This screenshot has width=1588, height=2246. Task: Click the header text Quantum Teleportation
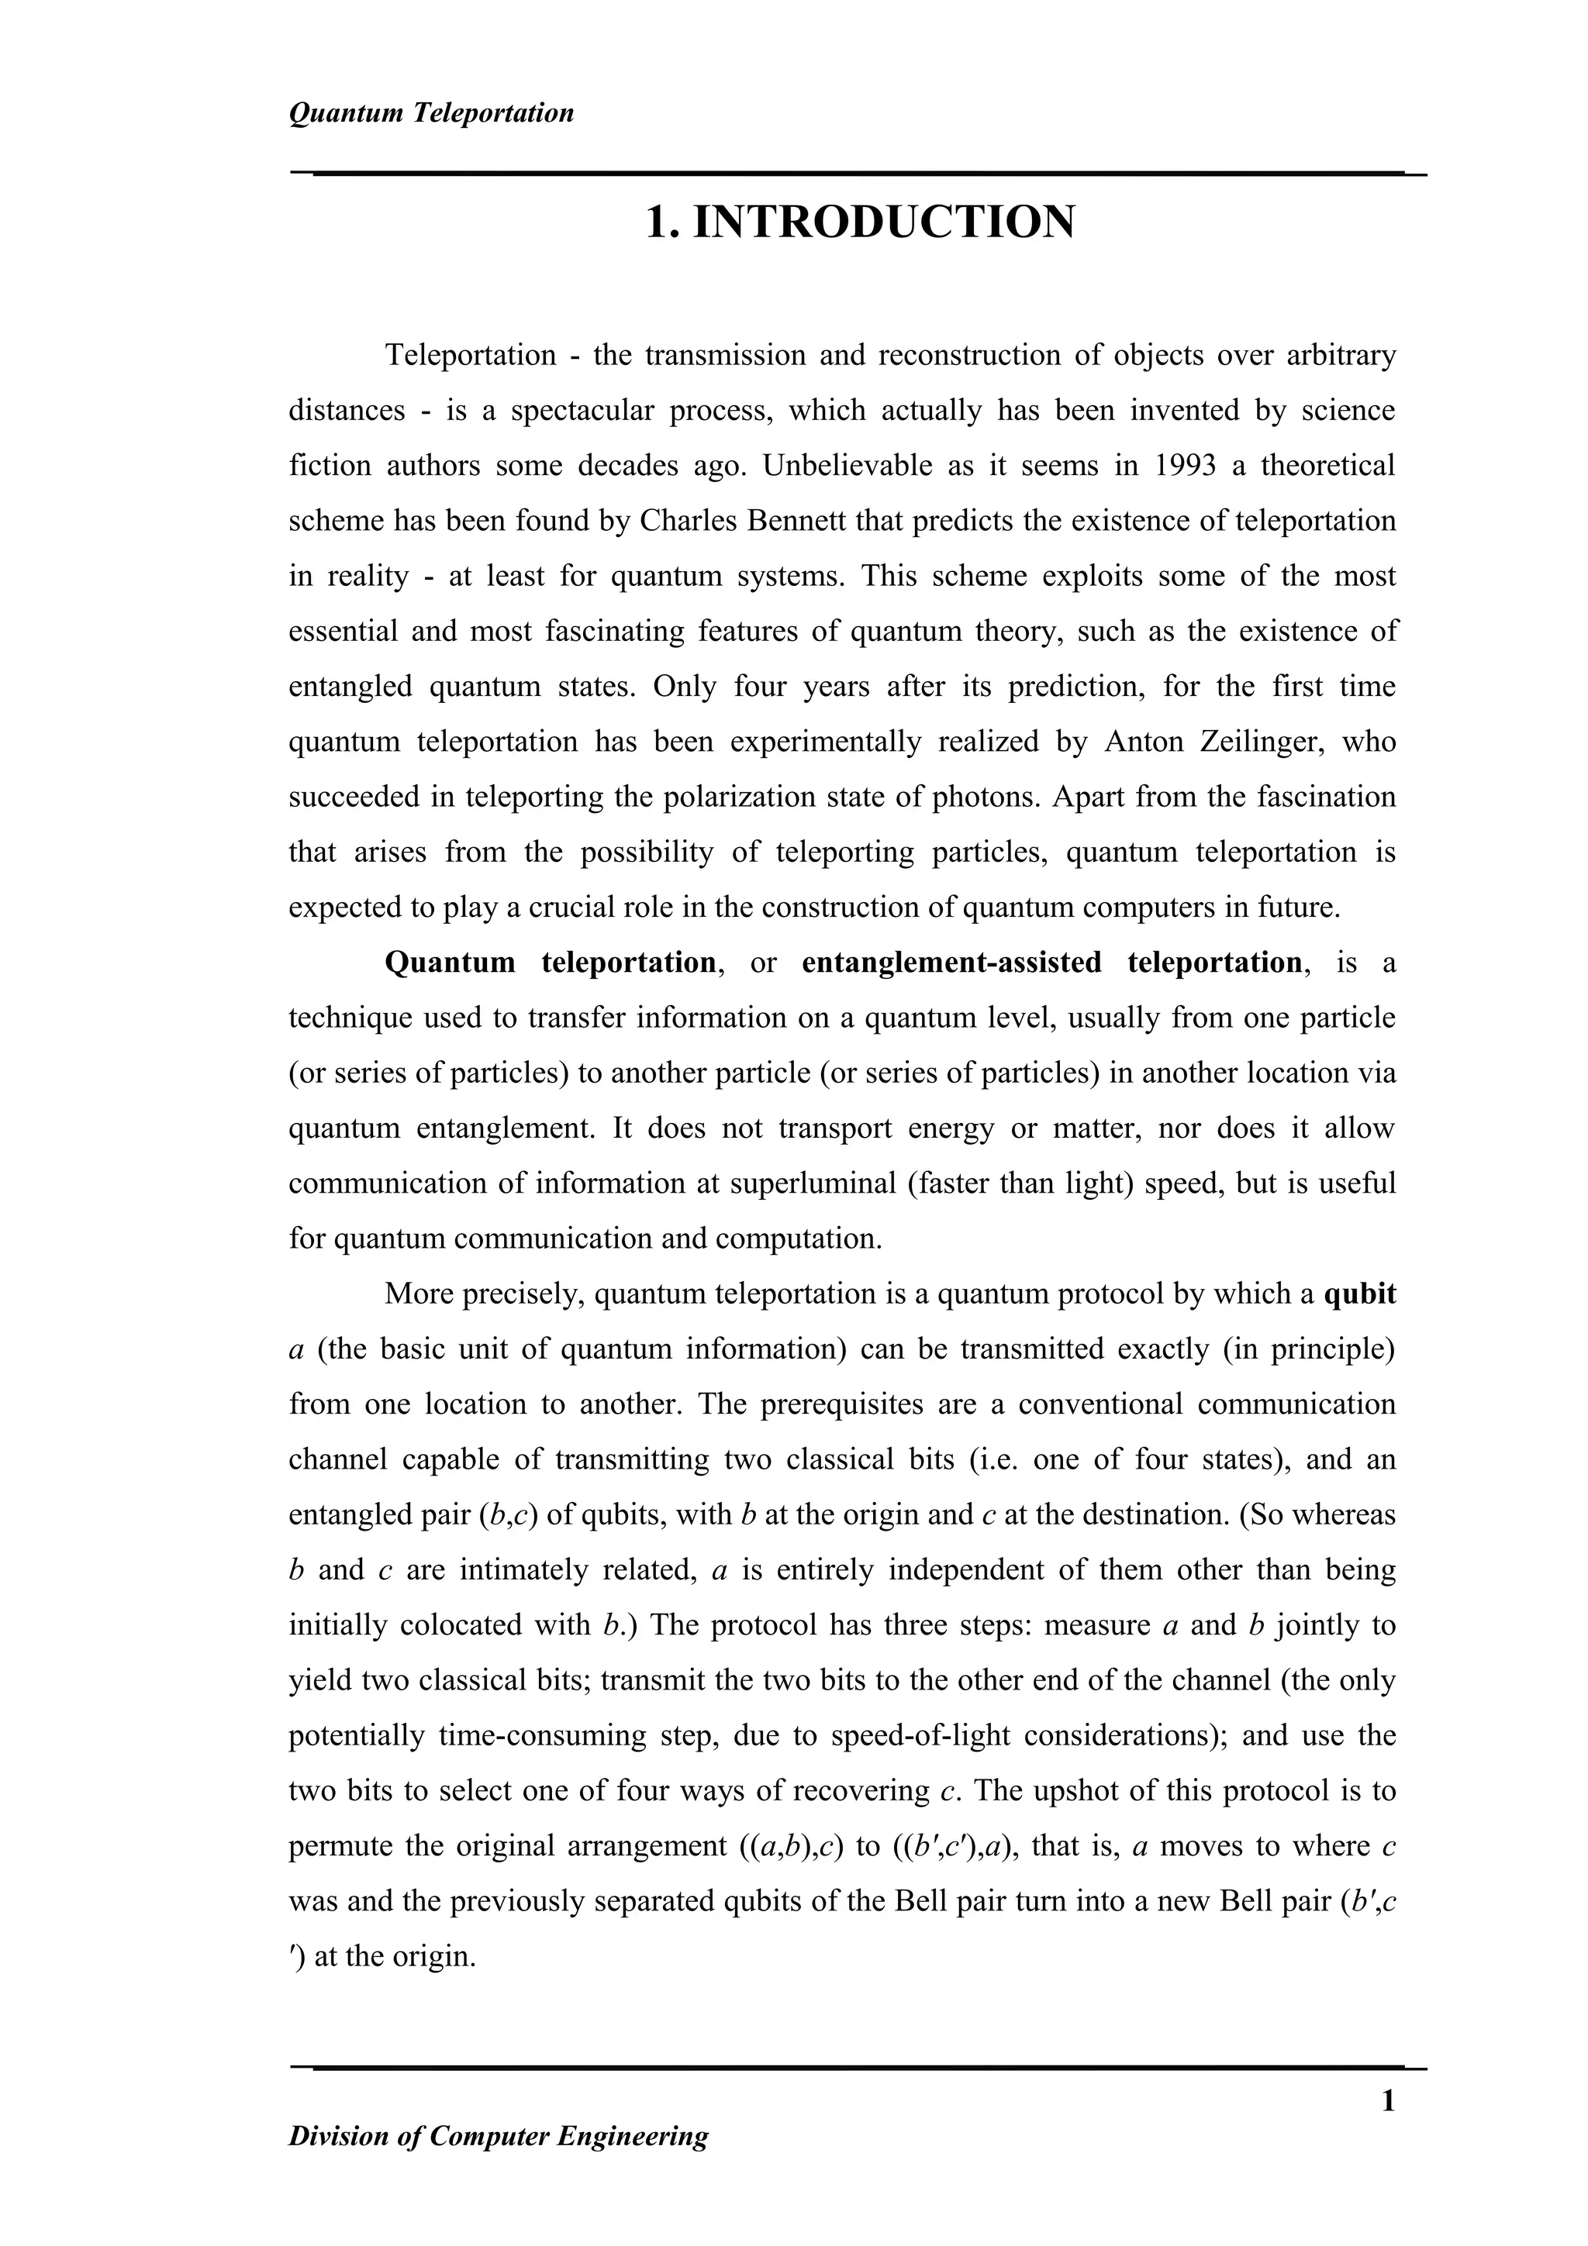coord(431,113)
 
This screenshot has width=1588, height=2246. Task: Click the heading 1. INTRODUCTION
coord(860,222)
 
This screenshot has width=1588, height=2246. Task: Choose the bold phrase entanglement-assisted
coord(951,963)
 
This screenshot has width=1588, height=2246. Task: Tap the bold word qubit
coord(1360,1294)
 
